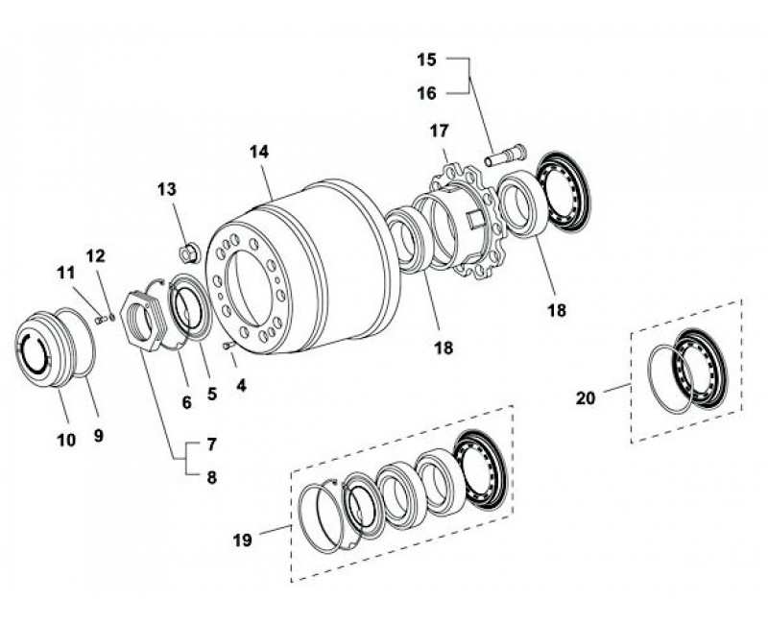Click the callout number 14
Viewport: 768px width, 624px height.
[x=259, y=152]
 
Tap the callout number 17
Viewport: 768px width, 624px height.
[x=440, y=131]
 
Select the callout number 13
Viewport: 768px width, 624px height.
[x=166, y=189]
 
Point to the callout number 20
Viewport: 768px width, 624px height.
[x=586, y=398]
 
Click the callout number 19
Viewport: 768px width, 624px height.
[x=243, y=540]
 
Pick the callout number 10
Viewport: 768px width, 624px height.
[x=66, y=440]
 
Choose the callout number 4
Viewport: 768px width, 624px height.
[x=241, y=386]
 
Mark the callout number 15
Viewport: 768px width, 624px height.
[x=426, y=60]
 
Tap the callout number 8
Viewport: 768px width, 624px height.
[x=211, y=477]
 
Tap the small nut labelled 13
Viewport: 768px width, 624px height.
[x=189, y=252]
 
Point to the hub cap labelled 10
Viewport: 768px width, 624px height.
[x=44, y=349]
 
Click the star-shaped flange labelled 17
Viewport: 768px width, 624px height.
[x=468, y=223]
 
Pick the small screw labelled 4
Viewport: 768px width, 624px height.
[x=228, y=346]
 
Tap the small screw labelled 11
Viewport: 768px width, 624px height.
[x=101, y=320]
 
